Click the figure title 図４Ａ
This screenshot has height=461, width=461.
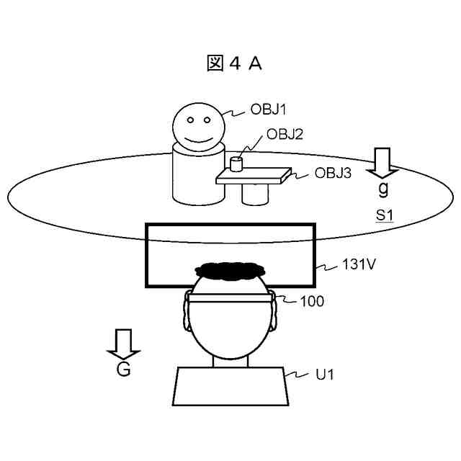(234, 63)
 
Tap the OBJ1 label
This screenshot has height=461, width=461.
(269, 109)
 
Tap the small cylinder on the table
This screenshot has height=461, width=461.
(236, 164)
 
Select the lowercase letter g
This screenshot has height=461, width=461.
(382, 189)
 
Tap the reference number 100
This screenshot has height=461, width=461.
(313, 300)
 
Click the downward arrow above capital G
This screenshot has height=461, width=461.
(123, 344)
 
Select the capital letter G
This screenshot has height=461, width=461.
(123, 372)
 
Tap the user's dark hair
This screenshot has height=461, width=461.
(230, 272)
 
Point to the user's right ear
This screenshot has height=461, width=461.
(276, 313)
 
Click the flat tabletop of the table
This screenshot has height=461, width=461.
(256, 174)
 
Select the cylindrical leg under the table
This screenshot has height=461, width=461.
(256, 193)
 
